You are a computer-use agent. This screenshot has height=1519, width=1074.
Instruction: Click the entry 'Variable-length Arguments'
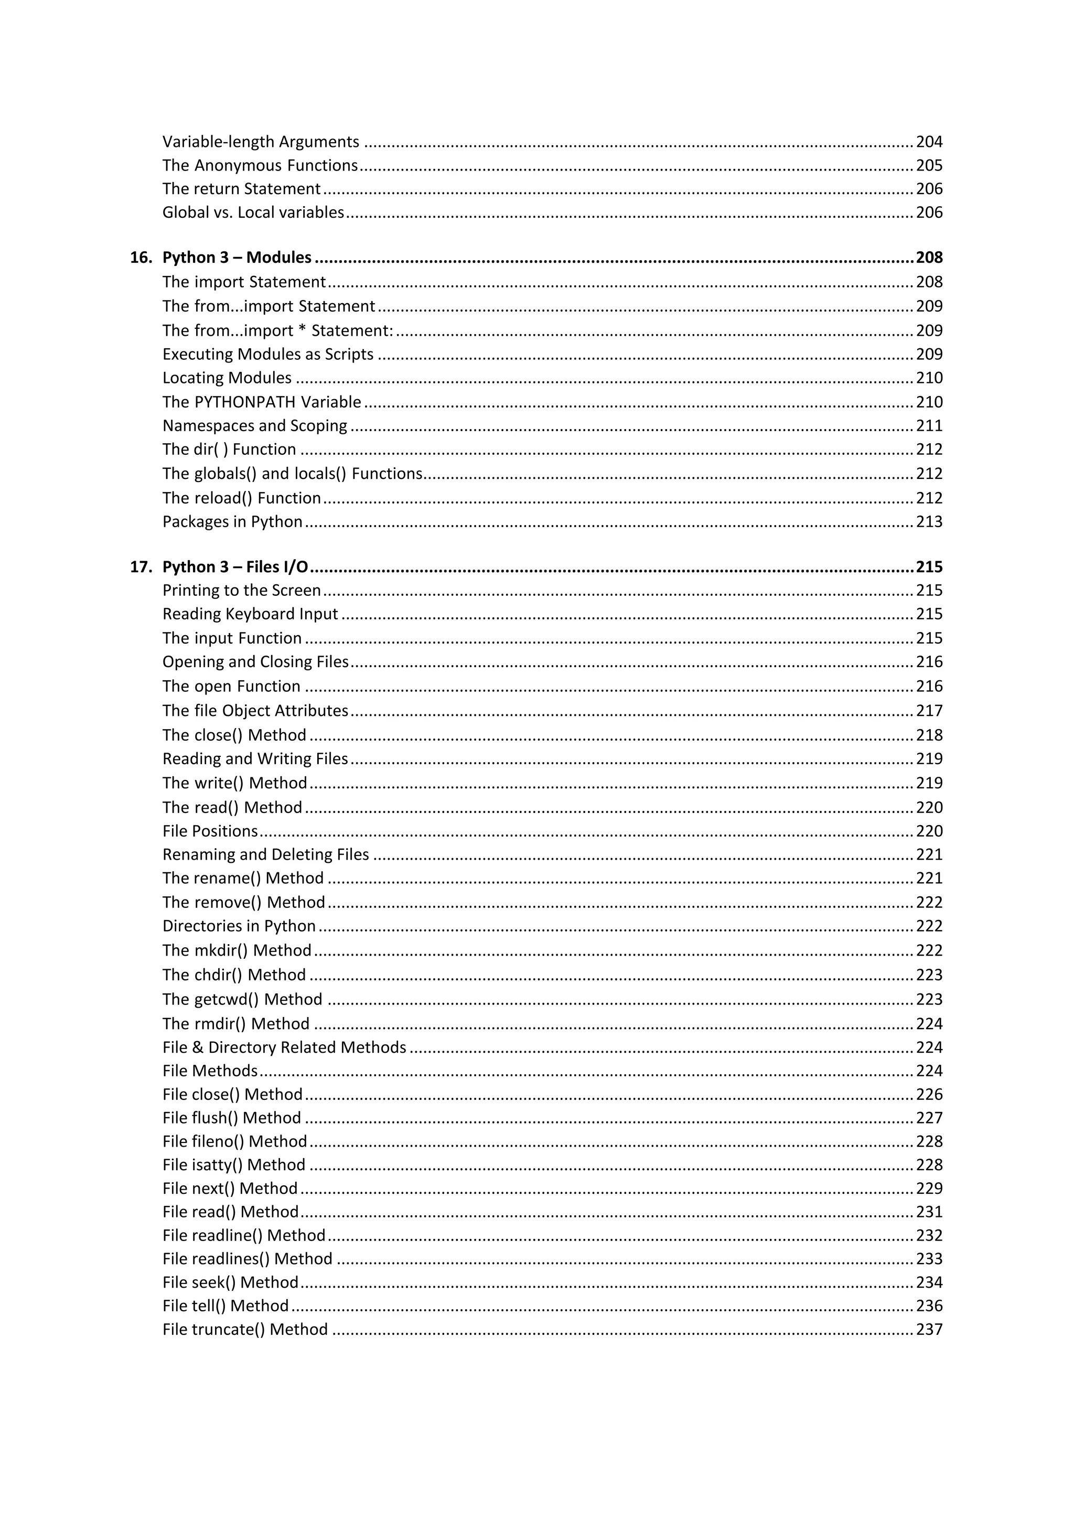261,142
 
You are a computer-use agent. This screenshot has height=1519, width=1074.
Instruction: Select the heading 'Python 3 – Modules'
237,258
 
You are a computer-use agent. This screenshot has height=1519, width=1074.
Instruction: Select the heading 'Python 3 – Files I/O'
235,567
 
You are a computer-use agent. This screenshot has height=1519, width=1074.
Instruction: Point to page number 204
929,142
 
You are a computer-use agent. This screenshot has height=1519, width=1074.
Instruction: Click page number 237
929,1329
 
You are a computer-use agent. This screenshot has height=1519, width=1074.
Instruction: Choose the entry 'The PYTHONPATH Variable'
262,402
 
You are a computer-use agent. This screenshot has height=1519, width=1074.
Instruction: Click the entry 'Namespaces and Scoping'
255,425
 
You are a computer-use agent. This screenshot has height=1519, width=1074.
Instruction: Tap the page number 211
929,425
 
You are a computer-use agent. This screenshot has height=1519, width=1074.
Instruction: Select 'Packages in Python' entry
232,521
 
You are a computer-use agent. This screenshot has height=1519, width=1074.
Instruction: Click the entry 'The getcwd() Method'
242,999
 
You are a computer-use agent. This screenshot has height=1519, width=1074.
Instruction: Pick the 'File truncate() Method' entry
245,1329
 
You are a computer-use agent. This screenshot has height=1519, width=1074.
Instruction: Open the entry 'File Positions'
210,831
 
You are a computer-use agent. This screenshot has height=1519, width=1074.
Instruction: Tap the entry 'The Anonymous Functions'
260,165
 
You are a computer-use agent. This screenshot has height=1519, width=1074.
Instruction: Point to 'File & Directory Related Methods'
284,1047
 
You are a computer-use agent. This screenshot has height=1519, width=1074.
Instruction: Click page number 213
929,521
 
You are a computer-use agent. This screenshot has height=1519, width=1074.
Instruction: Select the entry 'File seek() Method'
230,1282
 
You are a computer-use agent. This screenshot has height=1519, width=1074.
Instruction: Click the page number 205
929,165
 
